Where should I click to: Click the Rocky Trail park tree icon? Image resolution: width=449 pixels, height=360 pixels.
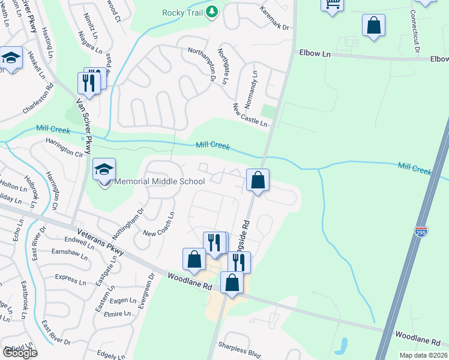point(211,12)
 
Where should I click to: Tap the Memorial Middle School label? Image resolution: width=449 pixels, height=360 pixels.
point(160,181)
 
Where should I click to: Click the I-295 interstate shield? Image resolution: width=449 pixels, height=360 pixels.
point(420,232)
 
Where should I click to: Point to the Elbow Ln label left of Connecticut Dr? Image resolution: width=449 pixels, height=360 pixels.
point(315,53)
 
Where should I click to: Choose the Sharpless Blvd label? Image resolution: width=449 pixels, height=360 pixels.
point(240,349)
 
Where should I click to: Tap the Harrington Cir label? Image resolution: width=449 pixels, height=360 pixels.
point(64,146)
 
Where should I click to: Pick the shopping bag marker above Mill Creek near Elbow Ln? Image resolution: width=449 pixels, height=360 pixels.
point(373,26)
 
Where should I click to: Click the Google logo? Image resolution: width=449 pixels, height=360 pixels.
point(20,353)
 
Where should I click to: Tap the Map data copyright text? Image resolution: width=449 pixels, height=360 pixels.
point(424,355)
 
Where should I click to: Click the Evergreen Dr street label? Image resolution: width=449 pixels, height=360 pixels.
point(146,292)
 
